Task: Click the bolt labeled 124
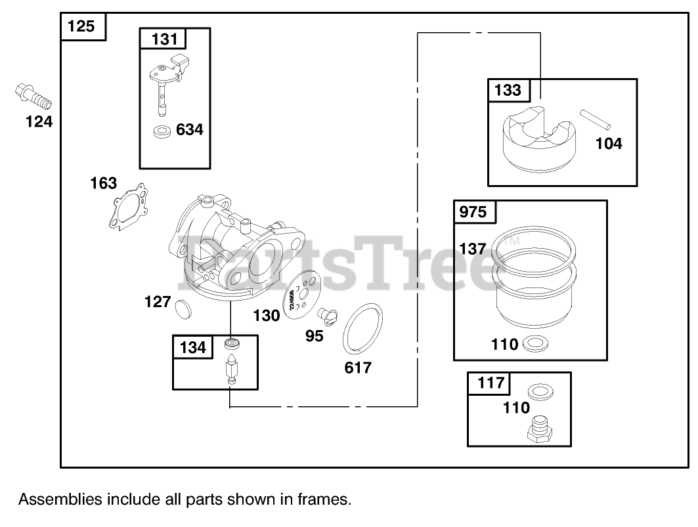click(x=32, y=96)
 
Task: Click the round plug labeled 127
click(x=181, y=306)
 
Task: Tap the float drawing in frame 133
click(x=539, y=140)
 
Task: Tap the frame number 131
click(x=164, y=39)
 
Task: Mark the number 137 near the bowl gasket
click(x=473, y=249)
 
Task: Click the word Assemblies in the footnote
click(x=60, y=499)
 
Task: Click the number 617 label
click(x=358, y=368)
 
